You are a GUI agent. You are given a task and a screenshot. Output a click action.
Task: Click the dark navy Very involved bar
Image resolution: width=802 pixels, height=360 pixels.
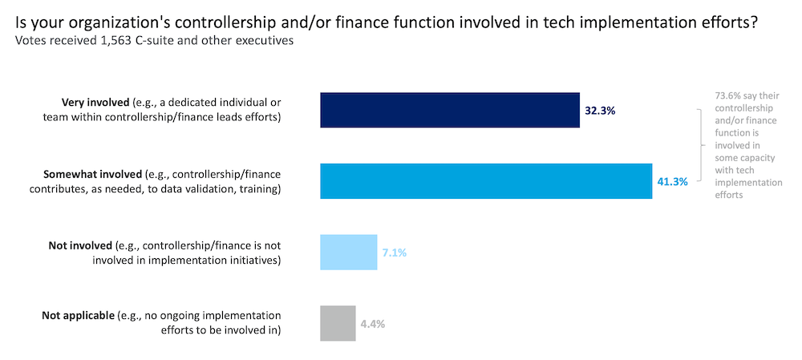click(x=449, y=111)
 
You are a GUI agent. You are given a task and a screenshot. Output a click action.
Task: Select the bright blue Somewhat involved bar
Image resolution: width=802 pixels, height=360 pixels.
click(x=485, y=181)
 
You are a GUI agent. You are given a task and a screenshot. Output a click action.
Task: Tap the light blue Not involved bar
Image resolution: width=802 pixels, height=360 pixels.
click(x=348, y=252)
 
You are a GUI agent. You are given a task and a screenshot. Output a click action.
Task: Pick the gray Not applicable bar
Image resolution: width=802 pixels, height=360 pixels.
click(x=338, y=323)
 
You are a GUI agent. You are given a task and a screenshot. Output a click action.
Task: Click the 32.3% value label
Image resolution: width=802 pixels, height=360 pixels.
click(x=599, y=111)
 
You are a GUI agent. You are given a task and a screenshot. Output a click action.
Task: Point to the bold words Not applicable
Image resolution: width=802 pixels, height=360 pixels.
click(x=78, y=315)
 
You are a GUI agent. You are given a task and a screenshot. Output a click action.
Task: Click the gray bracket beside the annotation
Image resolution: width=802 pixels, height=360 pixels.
click(x=703, y=147)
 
